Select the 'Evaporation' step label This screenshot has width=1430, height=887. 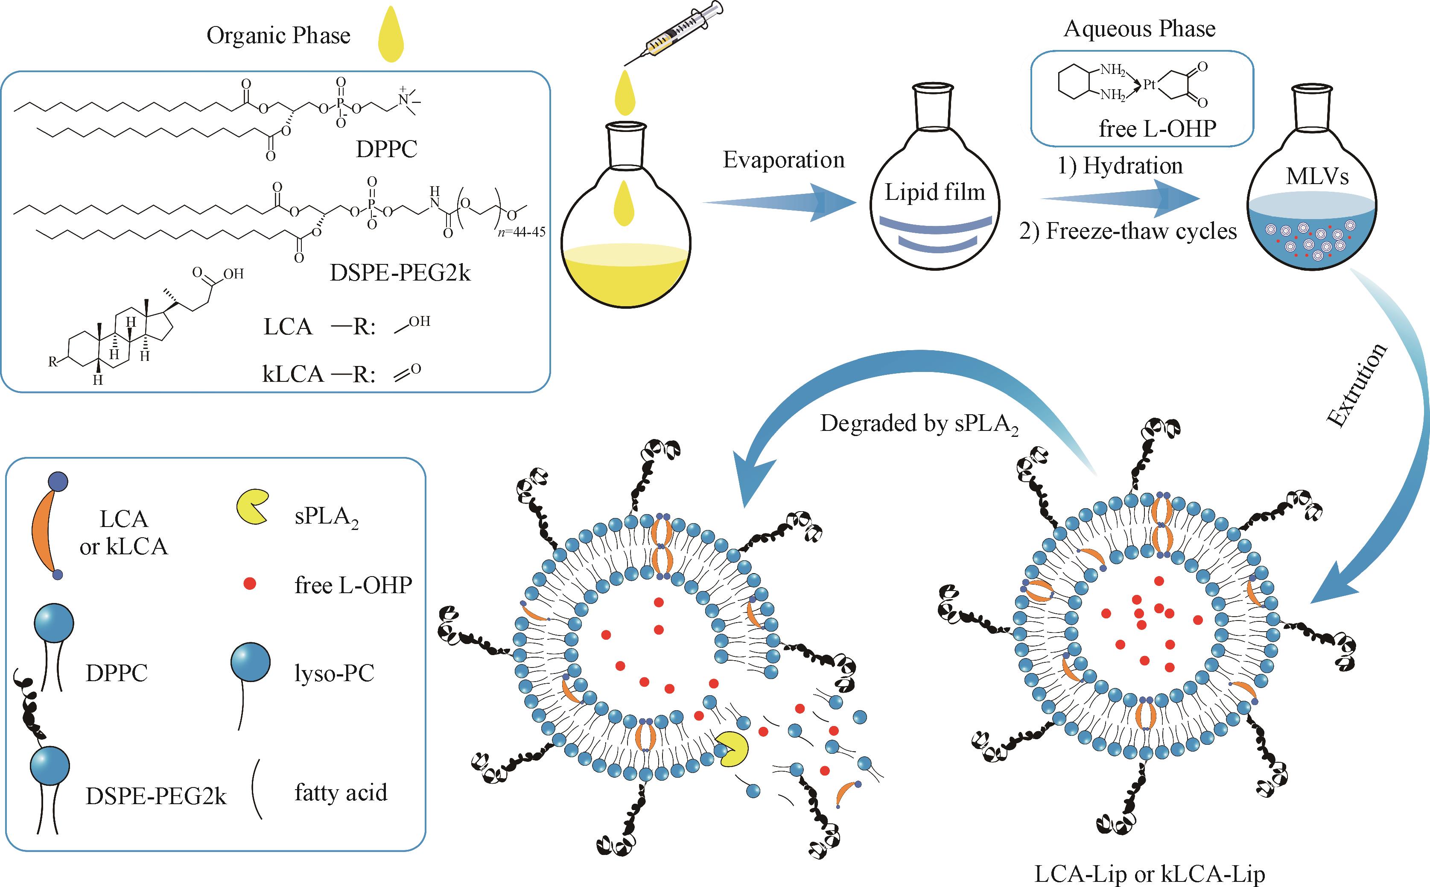tap(783, 160)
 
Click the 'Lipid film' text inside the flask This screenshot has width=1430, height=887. tap(934, 193)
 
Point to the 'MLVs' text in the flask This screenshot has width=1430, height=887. tap(1317, 176)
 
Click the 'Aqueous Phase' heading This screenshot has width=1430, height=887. tap(1139, 28)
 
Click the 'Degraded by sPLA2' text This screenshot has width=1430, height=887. tap(918, 424)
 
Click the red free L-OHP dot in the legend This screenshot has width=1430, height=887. tap(250, 584)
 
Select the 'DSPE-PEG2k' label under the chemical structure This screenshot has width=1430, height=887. tap(400, 273)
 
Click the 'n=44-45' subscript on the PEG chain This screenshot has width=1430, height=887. tap(521, 232)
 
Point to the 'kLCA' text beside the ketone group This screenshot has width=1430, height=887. tap(292, 374)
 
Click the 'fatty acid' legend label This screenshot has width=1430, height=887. tap(341, 793)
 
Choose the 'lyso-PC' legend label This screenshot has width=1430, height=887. tap(334, 673)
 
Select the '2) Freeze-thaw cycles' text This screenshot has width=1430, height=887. tap(1127, 231)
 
